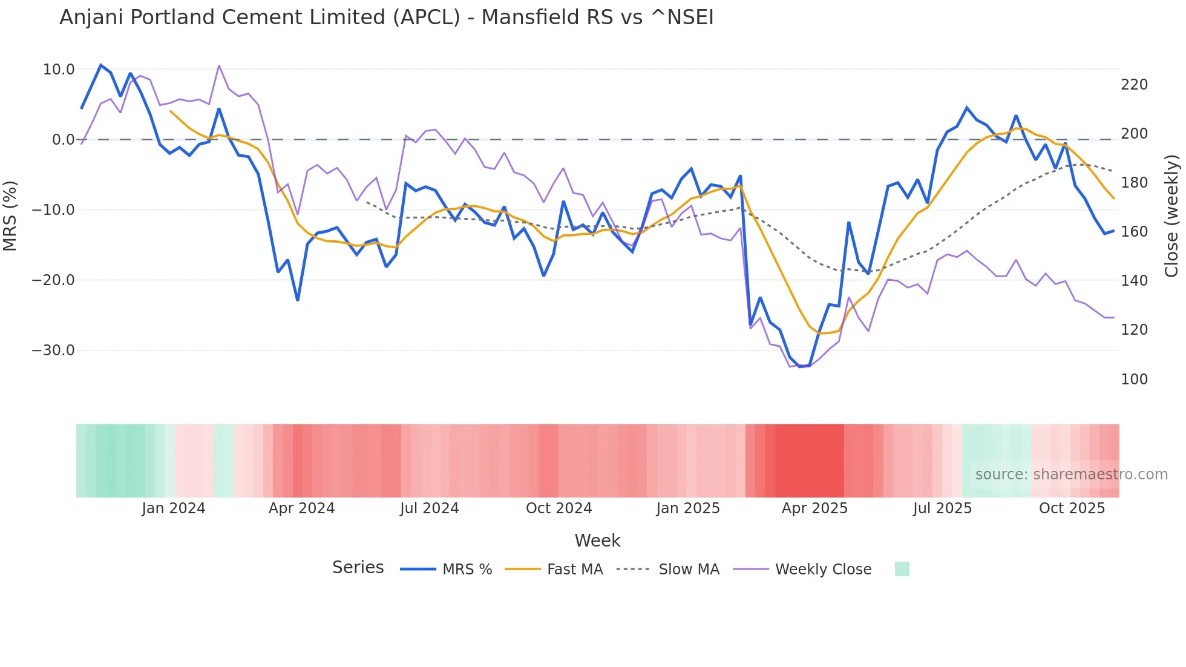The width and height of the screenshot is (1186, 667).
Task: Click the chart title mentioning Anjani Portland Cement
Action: click(x=386, y=18)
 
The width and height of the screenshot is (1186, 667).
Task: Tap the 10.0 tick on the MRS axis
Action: click(x=59, y=70)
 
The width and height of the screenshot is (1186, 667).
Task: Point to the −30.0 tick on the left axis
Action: click(x=53, y=350)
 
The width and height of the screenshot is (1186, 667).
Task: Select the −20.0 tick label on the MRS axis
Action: click(x=53, y=280)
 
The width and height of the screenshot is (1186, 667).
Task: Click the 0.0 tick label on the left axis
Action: click(x=63, y=140)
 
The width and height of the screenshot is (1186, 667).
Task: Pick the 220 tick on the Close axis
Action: click(x=1134, y=85)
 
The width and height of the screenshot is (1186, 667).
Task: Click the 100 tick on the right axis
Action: click(x=1134, y=379)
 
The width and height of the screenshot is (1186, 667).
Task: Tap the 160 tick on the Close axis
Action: click(x=1134, y=232)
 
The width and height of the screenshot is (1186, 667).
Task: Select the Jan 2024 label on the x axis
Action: click(x=174, y=508)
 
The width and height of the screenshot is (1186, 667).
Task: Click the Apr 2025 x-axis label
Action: click(x=814, y=508)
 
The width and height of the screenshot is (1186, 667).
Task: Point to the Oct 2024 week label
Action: click(x=559, y=508)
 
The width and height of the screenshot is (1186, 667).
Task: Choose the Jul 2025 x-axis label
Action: click(x=942, y=508)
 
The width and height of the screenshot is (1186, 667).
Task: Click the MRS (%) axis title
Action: click(x=10, y=215)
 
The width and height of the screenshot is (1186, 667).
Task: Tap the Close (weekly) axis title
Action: click(x=1172, y=215)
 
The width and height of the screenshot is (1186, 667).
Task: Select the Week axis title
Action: click(x=597, y=540)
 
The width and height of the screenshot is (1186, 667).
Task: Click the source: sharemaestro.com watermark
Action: click(x=1071, y=475)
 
